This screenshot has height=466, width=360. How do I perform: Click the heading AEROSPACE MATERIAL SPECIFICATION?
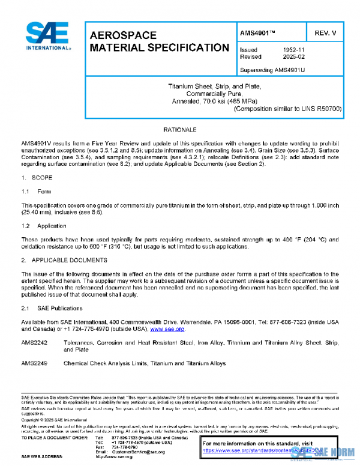click(158, 41)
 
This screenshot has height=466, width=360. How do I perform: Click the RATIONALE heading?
click(179, 130)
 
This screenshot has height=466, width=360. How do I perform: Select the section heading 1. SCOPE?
click(37, 178)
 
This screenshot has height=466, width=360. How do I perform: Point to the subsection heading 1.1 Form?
click(37, 192)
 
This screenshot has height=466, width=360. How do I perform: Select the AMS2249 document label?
click(34, 363)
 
